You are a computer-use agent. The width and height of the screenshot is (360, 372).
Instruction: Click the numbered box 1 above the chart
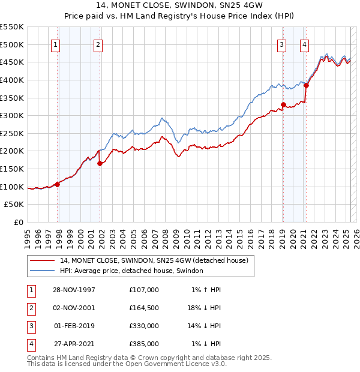pyautogui.click(x=55, y=44)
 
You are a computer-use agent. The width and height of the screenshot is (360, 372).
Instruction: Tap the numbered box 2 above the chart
pyautogui.click(x=98, y=44)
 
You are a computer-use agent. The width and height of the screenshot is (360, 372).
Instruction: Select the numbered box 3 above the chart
pyautogui.click(x=281, y=44)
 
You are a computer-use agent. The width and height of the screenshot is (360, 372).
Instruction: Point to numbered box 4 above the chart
pyautogui.click(x=305, y=44)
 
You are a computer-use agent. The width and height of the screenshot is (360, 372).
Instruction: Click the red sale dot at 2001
pyautogui.click(x=100, y=163)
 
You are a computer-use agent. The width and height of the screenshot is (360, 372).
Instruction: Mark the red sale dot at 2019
pyautogui.click(x=283, y=104)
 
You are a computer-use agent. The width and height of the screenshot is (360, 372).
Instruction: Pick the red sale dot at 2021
pyautogui.click(x=307, y=85)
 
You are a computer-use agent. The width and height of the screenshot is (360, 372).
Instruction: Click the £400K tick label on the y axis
pyautogui.click(x=12, y=80)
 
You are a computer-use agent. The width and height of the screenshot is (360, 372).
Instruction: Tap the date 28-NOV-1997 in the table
pyautogui.click(x=74, y=290)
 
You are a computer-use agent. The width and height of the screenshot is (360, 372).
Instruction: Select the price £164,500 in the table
pyautogui.click(x=144, y=308)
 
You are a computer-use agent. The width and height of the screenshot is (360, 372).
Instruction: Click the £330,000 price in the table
pyautogui.click(x=144, y=326)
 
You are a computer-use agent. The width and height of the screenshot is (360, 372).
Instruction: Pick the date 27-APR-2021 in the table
pyautogui.click(x=74, y=344)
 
